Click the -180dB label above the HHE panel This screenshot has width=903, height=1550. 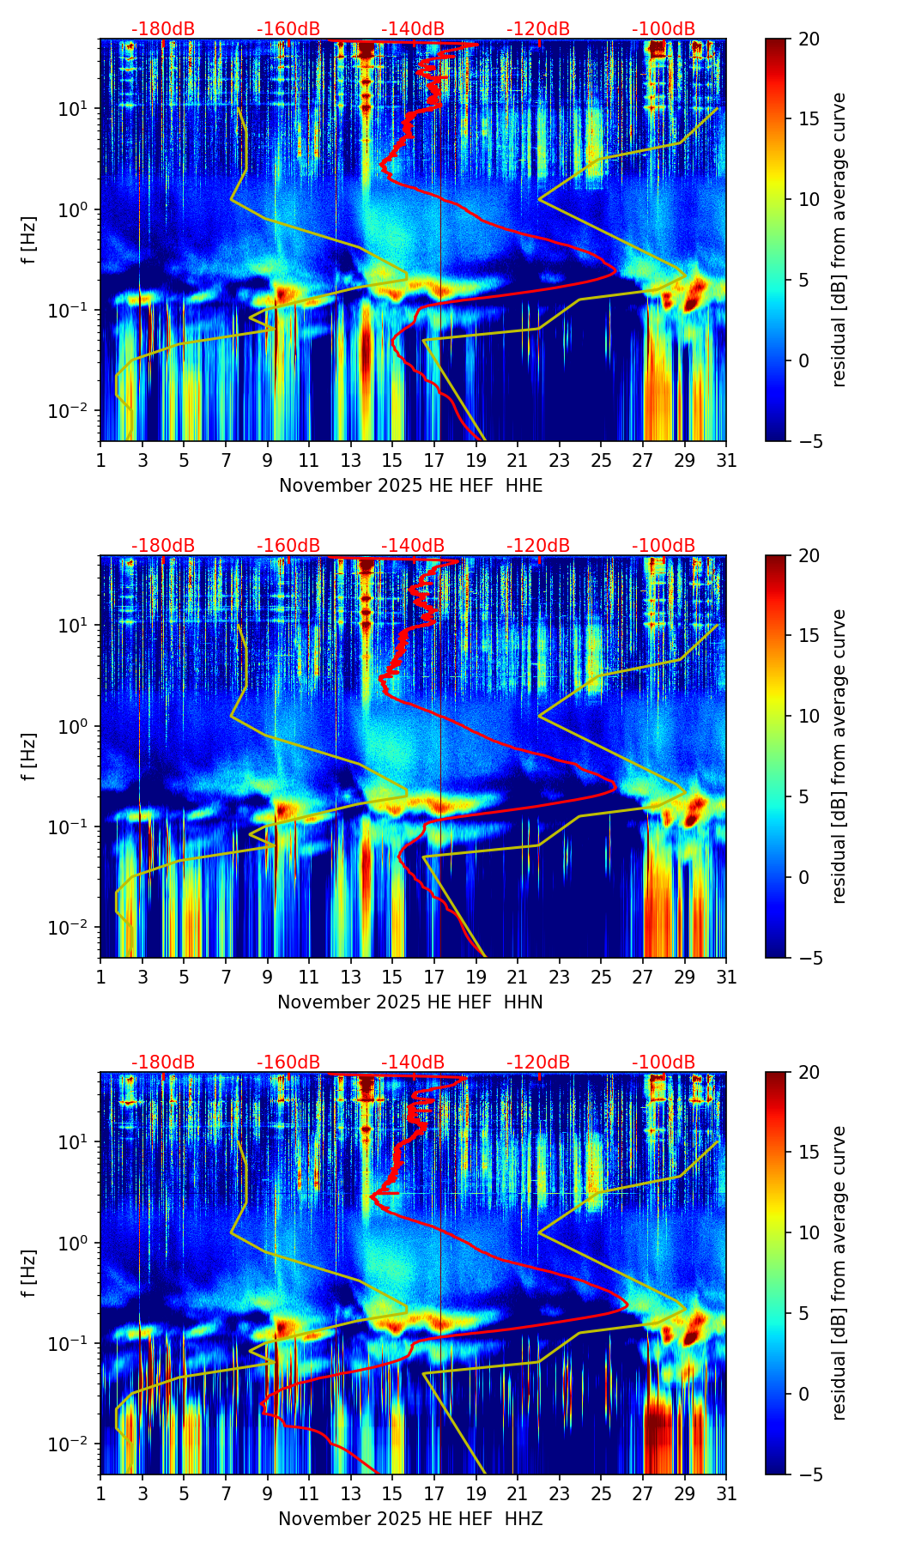point(163,29)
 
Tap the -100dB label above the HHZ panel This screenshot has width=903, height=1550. point(664,1063)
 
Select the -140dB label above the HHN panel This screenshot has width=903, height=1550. point(413,546)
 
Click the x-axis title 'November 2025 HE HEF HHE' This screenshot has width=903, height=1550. point(410,486)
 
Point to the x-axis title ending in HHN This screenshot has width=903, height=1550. point(410,1002)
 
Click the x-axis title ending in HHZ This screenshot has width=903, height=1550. point(410,1519)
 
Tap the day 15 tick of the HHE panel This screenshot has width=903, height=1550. point(392,461)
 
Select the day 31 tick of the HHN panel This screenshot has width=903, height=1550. point(726,978)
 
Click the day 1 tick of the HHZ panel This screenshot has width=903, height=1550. point(100,1494)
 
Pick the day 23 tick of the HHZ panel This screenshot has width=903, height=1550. point(560,1494)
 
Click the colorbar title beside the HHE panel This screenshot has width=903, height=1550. point(839,239)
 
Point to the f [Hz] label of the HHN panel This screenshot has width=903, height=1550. point(30,756)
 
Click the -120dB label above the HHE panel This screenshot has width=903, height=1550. point(538,29)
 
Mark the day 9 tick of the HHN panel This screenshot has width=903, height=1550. point(267,978)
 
